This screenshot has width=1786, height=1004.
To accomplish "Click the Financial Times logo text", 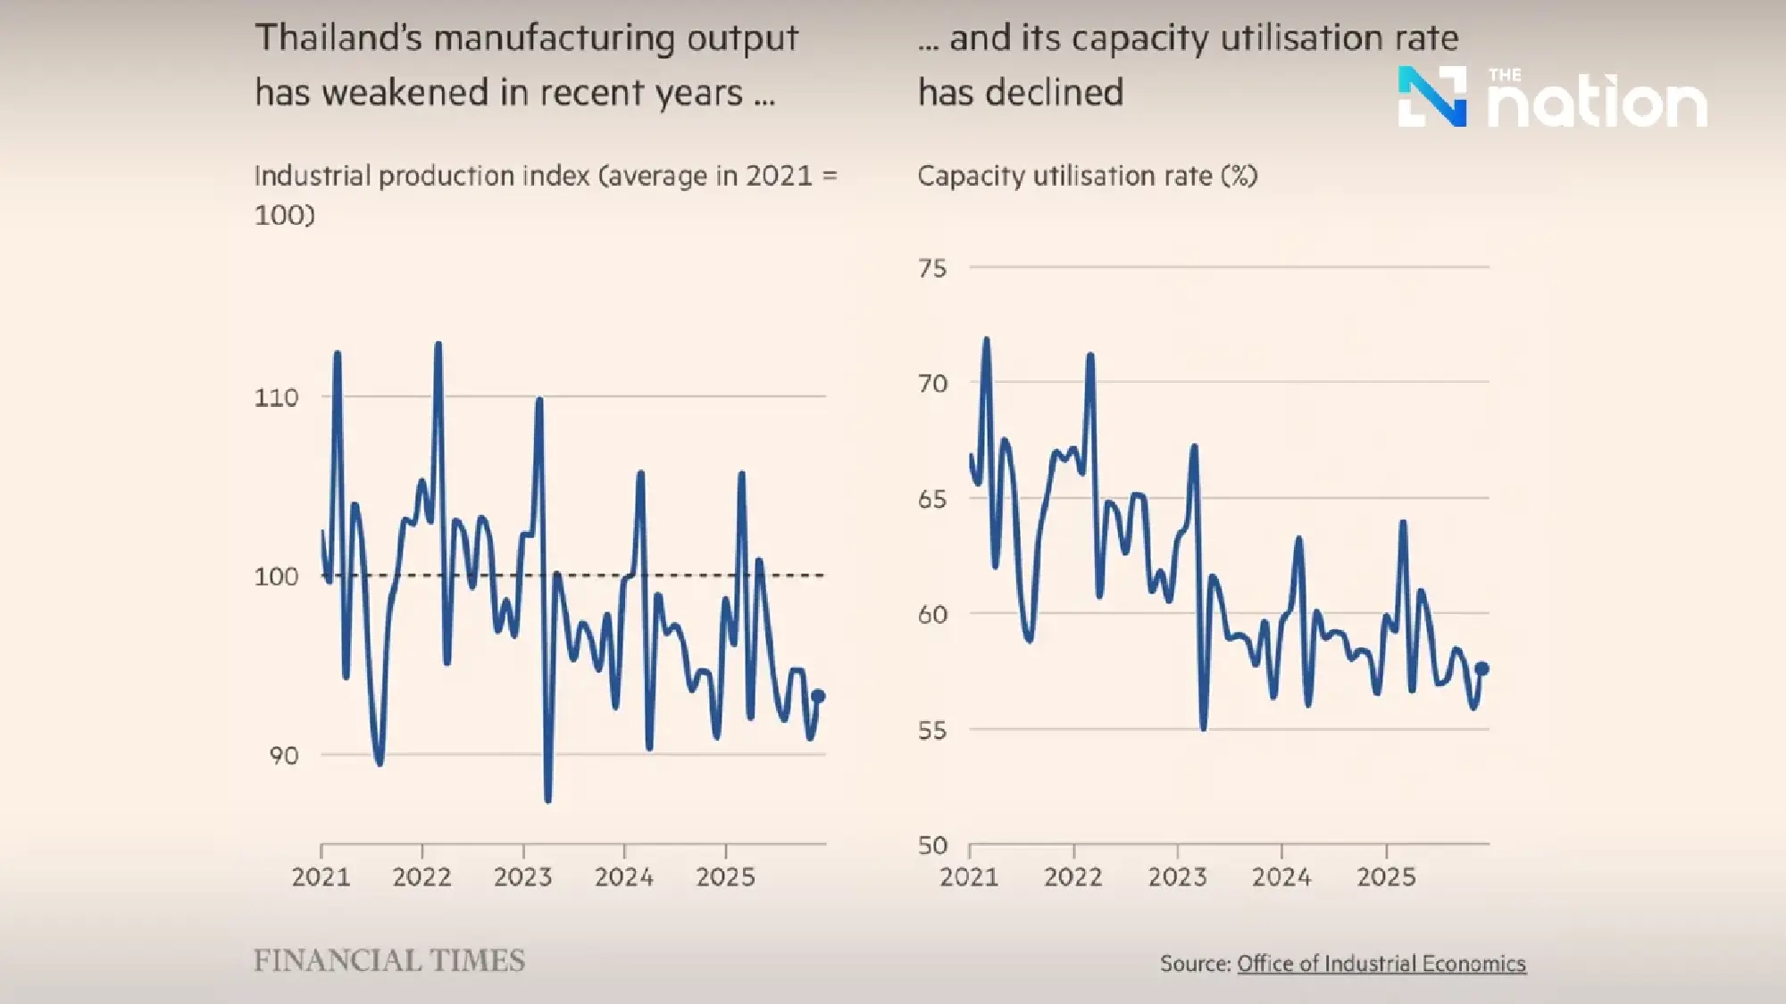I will point(389,960).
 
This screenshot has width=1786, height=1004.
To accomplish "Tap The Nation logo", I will point(1552,97).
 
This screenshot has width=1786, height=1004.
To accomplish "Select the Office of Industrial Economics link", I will point(1381,964).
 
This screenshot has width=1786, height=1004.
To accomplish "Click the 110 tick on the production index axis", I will point(276,397).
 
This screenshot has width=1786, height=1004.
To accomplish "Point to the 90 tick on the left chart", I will point(283,756).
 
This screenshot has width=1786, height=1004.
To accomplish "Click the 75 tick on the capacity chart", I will point(932,268).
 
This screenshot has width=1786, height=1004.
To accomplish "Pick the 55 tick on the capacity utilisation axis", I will point(932,730).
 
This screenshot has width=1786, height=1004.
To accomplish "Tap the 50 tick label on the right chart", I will point(932,845).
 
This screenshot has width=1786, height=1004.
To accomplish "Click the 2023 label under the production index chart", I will point(522,877).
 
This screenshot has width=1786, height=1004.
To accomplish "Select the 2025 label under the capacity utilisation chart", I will point(1386,877).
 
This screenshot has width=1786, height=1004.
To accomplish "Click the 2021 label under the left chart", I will point(321,877).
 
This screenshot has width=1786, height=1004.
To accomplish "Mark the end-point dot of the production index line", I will point(817,696).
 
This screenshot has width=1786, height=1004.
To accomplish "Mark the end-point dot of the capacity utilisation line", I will point(1481,668).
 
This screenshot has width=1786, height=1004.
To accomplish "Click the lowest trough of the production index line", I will point(547,800).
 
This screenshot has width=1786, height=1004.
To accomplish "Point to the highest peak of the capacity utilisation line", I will point(986,339).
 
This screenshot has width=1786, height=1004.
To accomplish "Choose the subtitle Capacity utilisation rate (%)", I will point(1087,176).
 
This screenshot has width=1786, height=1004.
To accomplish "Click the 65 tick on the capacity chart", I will point(932,499).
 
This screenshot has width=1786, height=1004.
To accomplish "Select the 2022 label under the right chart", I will point(1072,877).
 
